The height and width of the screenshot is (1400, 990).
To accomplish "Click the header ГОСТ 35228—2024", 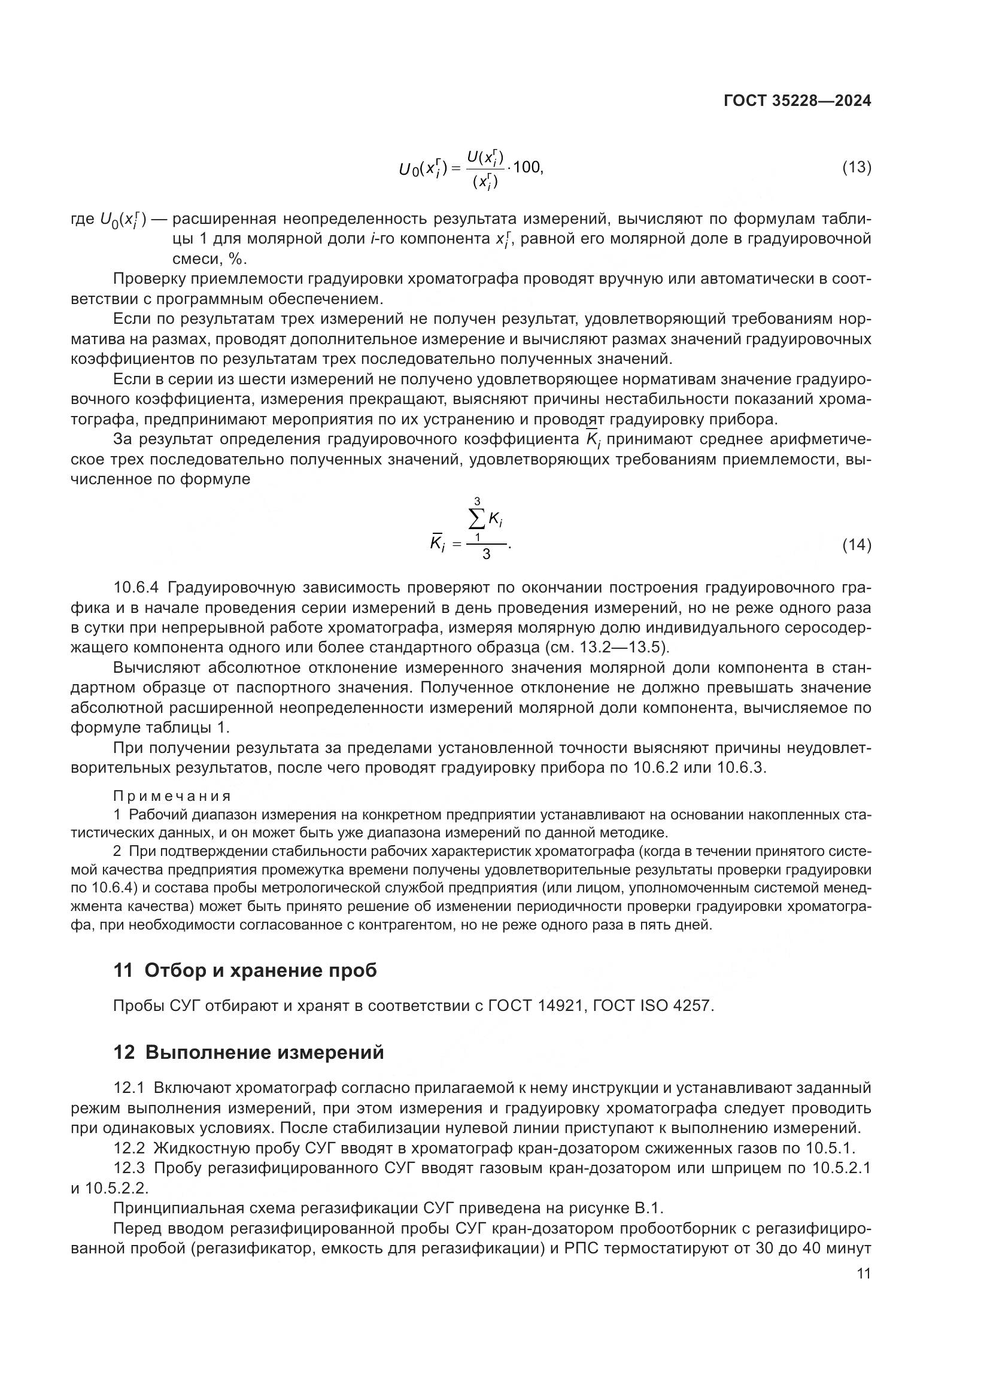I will (x=797, y=101).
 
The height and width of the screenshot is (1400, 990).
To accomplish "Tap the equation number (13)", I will (x=856, y=167).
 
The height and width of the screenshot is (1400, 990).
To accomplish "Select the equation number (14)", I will (x=856, y=545).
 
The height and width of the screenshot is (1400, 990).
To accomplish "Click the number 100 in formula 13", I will (x=527, y=166).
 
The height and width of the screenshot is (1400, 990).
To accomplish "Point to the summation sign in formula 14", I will (x=477, y=520).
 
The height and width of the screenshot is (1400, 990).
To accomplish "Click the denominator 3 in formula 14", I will (x=486, y=554).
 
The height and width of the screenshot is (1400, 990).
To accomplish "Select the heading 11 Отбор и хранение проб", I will (x=245, y=970).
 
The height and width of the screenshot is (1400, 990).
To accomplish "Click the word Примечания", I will (x=172, y=796).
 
